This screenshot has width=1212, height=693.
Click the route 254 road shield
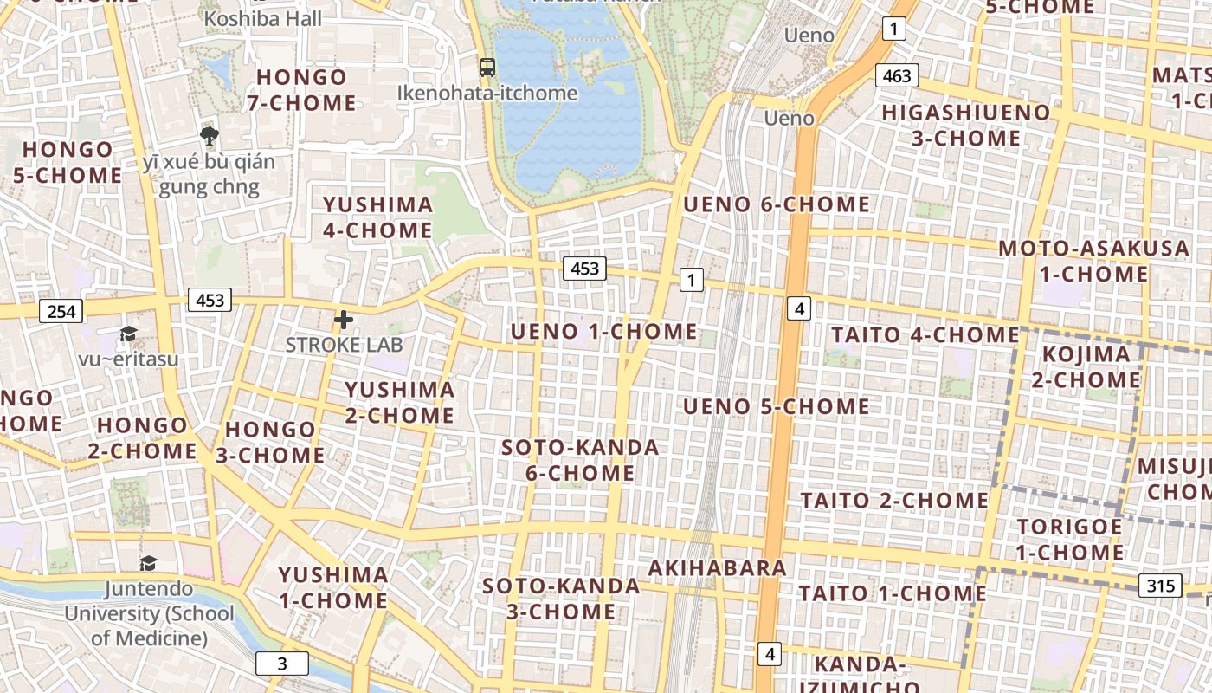click(x=61, y=311)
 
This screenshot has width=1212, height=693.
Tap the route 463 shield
click(x=896, y=75)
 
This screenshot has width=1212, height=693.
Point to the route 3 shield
click(x=281, y=664)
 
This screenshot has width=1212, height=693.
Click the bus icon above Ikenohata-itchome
click(x=487, y=67)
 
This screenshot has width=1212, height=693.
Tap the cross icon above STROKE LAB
click(x=344, y=320)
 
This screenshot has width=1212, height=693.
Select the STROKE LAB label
click(x=345, y=344)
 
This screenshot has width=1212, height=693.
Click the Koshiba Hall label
click(x=263, y=18)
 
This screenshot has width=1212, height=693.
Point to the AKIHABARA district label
click(x=717, y=568)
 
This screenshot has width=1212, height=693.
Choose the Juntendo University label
click(x=149, y=613)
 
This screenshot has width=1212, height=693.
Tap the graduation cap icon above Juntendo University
click(x=149, y=564)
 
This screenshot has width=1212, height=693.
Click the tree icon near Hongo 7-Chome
click(x=209, y=135)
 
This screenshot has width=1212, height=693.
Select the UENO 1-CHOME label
click(x=603, y=332)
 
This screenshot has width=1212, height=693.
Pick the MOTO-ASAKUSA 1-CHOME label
click(x=1093, y=262)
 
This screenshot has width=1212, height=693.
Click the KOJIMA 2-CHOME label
click(x=1086, y=367)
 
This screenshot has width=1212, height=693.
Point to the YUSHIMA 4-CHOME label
click(x=377, y=217)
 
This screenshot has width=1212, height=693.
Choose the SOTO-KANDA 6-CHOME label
click(x=580, y=461)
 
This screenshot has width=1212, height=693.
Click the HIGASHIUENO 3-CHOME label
click(x=965, y=126)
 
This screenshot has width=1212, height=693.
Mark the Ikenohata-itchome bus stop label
click(x=487, y=93)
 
